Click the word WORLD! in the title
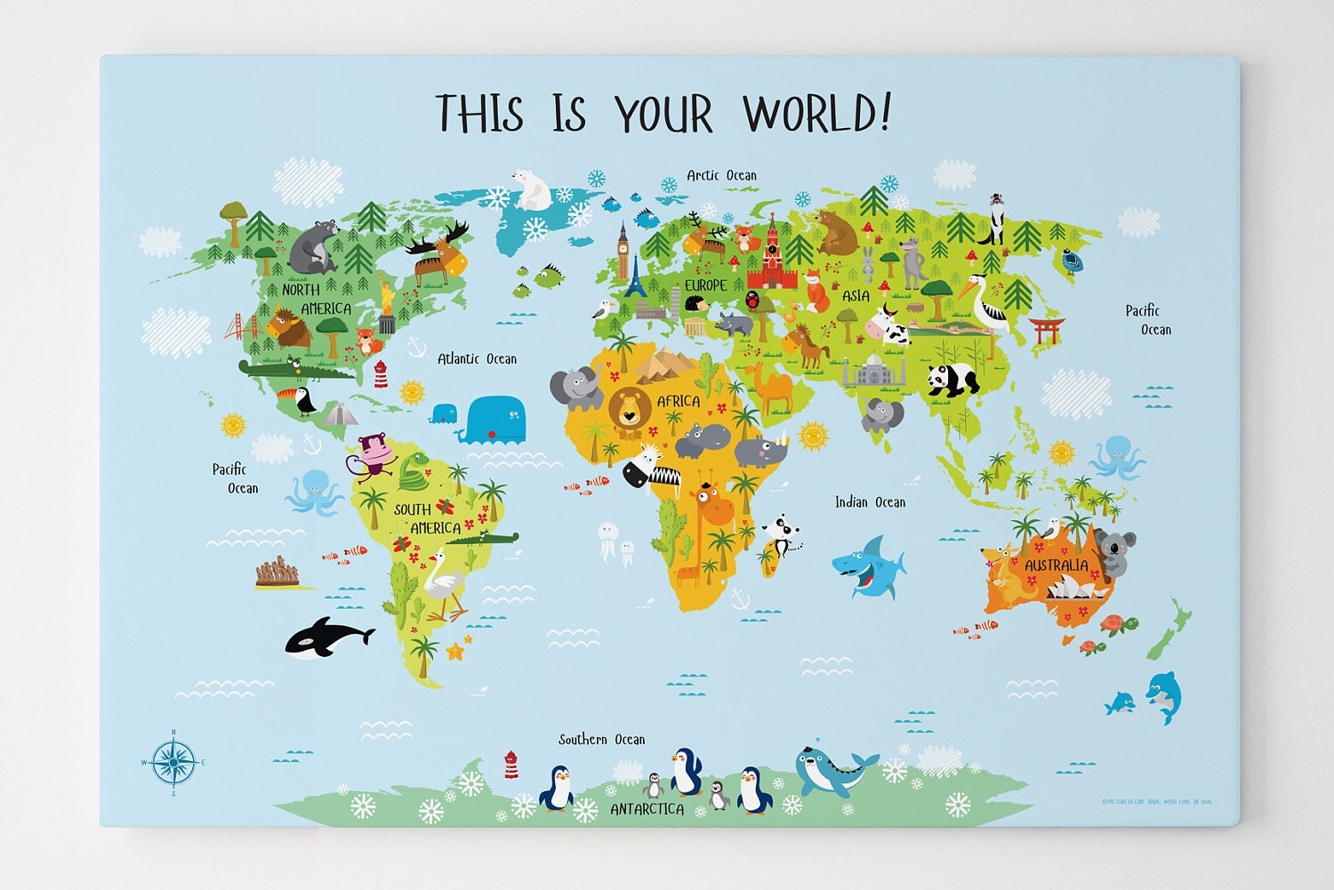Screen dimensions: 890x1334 [x=816, y=114]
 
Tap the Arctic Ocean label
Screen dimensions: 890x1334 [x=721, y=175]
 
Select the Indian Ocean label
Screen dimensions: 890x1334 [x=870, y=502]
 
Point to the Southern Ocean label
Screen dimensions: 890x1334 [x=601, y=739]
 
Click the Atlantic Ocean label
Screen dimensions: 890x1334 [x=477, y=358]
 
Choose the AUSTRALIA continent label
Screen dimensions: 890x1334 [x=1056, y=565]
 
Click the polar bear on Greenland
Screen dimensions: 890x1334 [x=533, y=189]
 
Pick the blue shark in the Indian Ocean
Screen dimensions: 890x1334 [x=867, y=567]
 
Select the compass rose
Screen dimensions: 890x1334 [x=173, y=762]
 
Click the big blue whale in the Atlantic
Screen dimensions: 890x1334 [x=494, y=419]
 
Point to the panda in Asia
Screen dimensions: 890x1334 [x=952, y=380]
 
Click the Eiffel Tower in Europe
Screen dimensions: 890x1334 [x=636, y=277]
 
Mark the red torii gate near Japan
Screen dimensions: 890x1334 [x=1047, y=330]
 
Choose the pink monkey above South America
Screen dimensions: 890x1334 [x=373, y=453]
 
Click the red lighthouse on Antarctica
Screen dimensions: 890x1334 [x=510, y=764]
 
